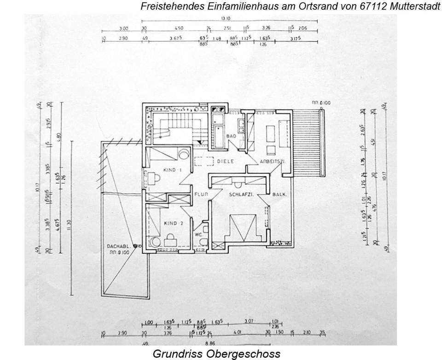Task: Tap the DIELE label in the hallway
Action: pos(226,161)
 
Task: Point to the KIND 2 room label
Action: pos(174,223)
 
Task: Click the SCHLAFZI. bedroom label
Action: pos(242,195)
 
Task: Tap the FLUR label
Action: pos(201,194)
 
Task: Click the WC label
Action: pos(199,234)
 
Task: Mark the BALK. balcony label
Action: pos(279,195)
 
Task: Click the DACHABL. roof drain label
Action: pos(117,246)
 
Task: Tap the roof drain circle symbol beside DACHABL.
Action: pos(135,246)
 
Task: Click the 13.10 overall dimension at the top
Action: pos(225,18)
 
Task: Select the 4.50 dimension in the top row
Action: pos(179,28)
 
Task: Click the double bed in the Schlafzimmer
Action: pos(239,229)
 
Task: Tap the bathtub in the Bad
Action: pos(217,129)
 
